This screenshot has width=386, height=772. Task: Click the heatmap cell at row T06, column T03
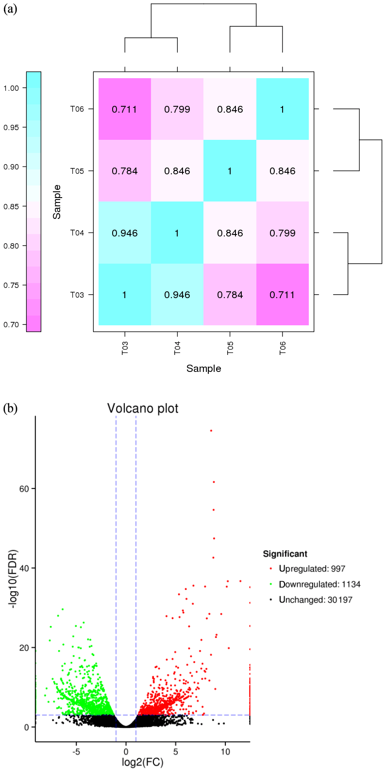point(125,109)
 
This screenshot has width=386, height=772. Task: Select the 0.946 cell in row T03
point(177,295)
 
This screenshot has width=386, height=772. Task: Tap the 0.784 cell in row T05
point(125,171)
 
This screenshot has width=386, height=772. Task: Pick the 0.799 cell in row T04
point(282,233)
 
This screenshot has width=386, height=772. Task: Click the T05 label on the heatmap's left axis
point(77,171)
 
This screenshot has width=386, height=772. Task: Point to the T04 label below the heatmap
point(177,348)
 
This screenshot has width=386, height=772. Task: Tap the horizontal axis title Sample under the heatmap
point(203,369)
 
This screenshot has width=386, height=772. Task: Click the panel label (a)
point(10,9)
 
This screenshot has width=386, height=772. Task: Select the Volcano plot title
point(143,408)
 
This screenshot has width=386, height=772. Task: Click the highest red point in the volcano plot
point(211,431)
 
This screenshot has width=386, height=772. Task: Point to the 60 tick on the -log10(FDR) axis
point(24,489)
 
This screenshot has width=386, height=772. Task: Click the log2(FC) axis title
point(143,762)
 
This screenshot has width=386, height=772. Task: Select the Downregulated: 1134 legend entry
point(319,584)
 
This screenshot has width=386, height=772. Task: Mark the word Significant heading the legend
point(285,554)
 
